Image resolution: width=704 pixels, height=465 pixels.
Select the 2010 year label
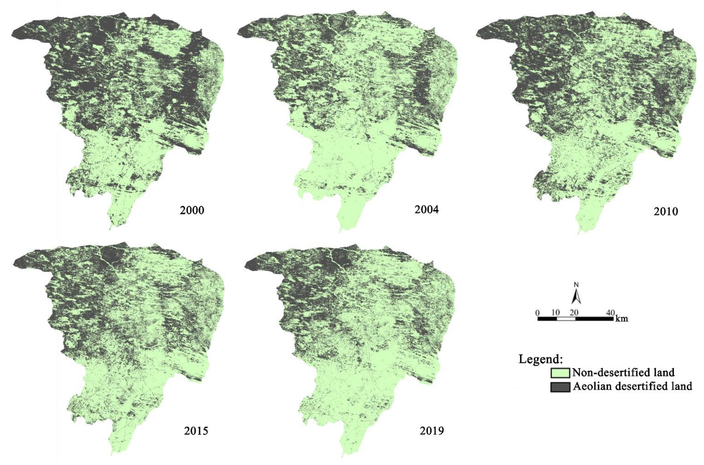point(666,211)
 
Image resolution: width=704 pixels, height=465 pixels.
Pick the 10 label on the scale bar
point(556,313)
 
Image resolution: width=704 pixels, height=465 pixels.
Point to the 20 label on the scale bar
point(574,313)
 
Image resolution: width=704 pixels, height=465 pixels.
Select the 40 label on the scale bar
point(610,313)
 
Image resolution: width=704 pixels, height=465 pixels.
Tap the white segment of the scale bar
point(566,319)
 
